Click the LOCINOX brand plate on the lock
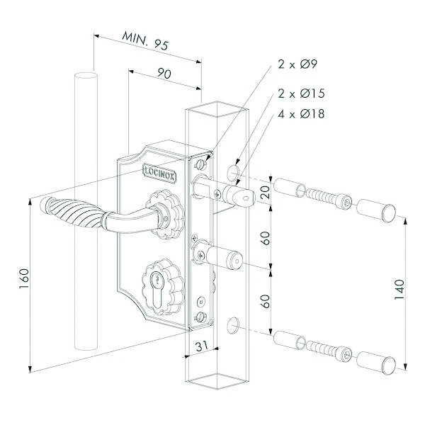(159, 174)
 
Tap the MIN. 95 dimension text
(145, 41)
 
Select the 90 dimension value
(164, 74)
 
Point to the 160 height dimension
(24, 278)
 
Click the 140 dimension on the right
(399, 289)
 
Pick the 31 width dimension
(202, 346)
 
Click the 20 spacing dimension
(266, 192)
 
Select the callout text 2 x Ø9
(297, 64)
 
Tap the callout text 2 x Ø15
(301, 93)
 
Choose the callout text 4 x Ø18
(301, 114)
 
